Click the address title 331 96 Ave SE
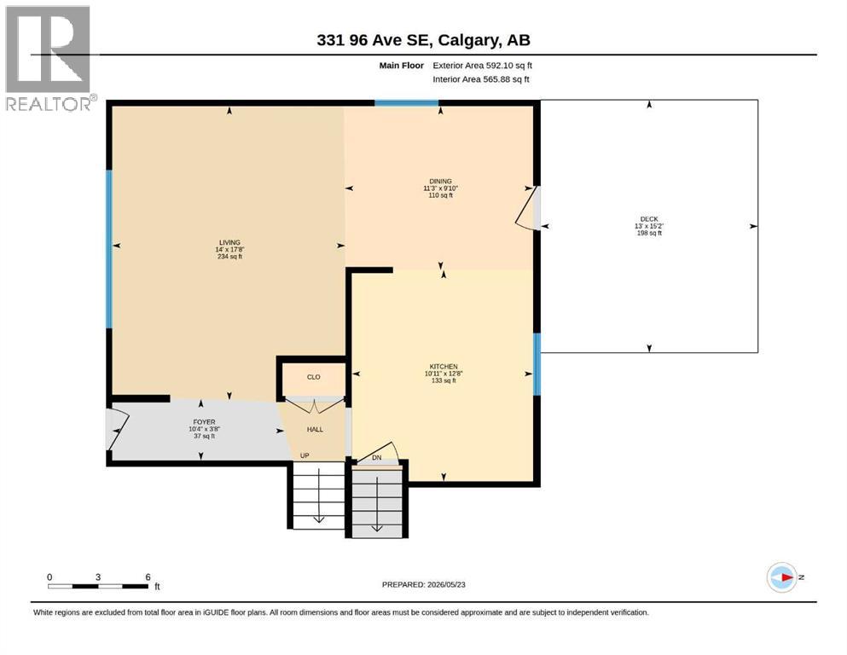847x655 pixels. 374,40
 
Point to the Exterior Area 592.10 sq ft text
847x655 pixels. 483,66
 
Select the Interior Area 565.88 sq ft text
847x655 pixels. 481,79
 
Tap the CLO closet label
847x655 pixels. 314,377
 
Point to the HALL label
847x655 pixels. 315,429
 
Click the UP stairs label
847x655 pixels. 305,455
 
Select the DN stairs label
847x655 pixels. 377,458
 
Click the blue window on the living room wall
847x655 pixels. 109,250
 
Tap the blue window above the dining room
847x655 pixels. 407,103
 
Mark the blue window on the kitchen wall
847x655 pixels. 537,364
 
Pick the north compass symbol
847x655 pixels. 782,577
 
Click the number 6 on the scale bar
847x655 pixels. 148,577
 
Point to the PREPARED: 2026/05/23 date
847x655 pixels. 423,584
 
